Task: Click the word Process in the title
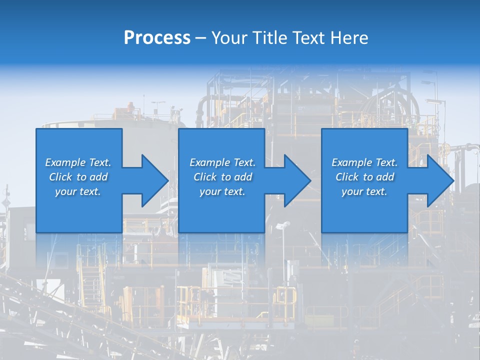(157, 38)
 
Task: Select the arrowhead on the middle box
(296, 180)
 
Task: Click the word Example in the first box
(65, 162)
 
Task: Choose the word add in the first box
(99, 177)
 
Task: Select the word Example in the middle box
(209, 162)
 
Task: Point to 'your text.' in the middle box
(222, 191)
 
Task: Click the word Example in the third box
(351, 162)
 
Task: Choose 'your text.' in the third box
(364, 191)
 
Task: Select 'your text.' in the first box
(77, 191)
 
